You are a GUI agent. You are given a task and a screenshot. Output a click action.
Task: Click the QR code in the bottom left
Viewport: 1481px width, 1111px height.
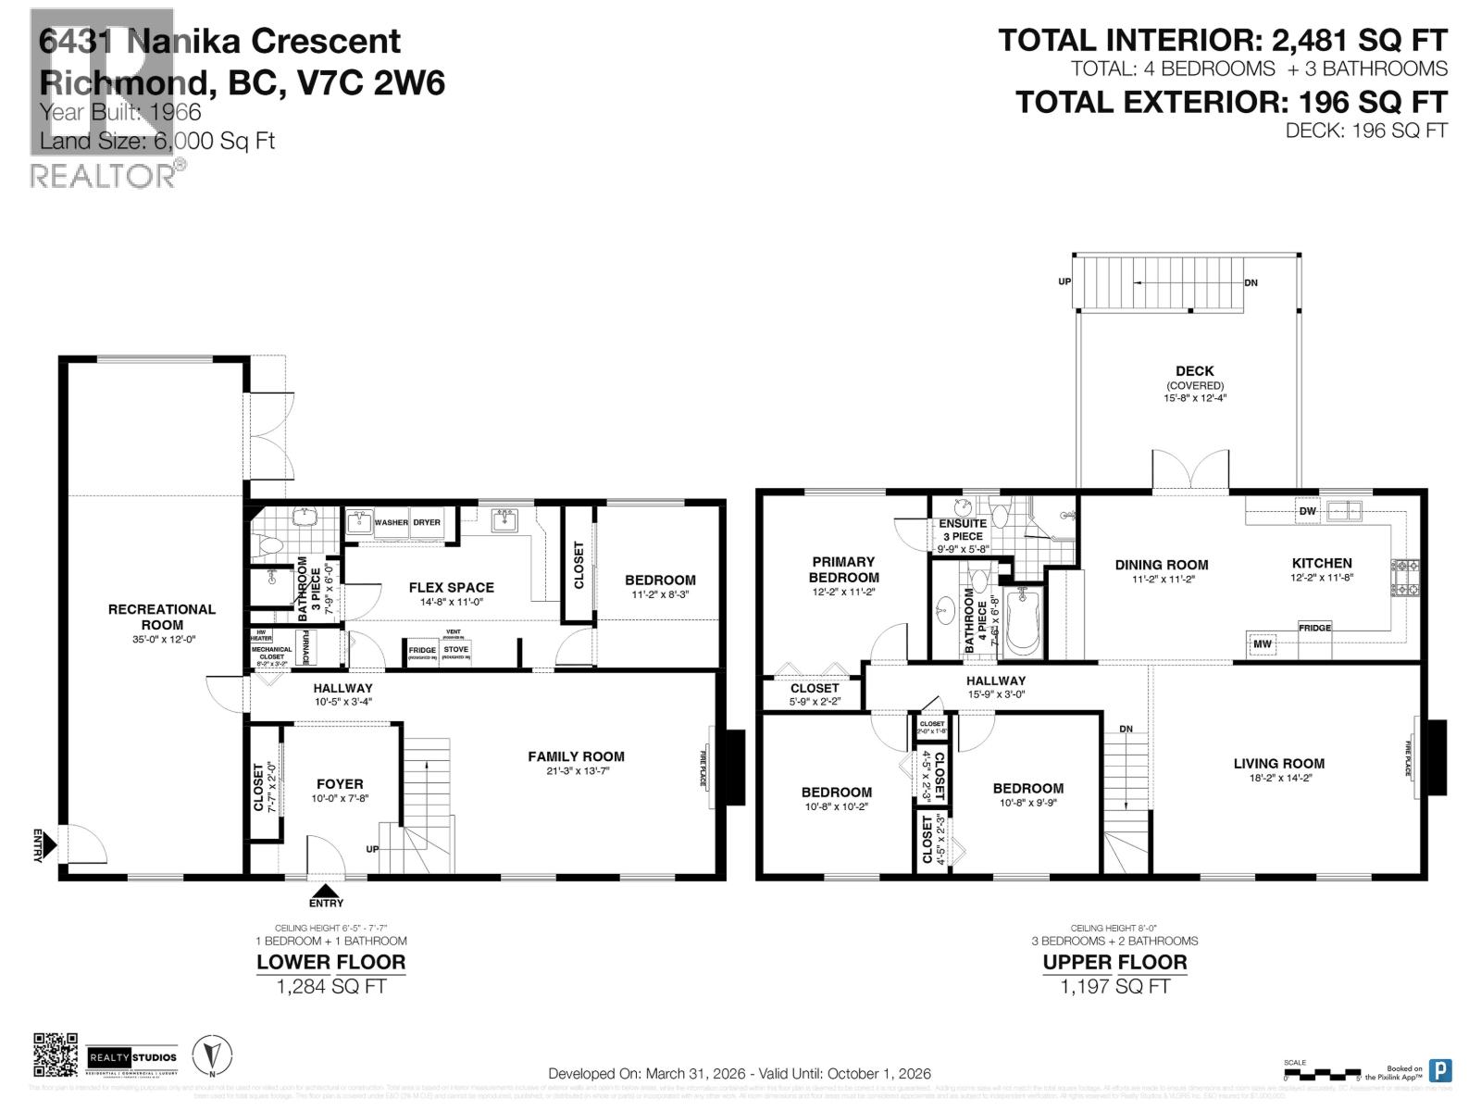pos(56,1055)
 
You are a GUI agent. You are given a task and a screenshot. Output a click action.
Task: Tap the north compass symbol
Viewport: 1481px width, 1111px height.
pos(212,1055)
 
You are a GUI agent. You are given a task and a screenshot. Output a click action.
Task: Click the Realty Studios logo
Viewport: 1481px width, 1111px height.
pos(131,1057)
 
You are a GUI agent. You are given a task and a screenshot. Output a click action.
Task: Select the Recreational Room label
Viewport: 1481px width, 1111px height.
pos(162,617)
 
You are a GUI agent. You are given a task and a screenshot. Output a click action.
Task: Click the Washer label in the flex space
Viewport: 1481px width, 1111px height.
pos(391,522)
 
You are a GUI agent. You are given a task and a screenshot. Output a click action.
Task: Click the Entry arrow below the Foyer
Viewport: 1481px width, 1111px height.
pos(326,891)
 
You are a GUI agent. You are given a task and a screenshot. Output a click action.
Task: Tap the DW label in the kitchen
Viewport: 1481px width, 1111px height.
pos(1307,511)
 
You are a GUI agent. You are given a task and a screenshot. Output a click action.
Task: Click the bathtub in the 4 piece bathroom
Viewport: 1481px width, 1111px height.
pos(1024,623)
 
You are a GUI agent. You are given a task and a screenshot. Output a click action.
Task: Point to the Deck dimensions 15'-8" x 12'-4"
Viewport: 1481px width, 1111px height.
pos(1195,398)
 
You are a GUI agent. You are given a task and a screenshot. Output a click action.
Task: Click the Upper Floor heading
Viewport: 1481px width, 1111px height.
pos(1114,962)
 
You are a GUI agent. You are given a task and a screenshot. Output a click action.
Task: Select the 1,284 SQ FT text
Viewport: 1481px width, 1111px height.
pos(331,987)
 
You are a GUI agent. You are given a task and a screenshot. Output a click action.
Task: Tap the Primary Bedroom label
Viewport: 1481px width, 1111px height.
pos(843,569)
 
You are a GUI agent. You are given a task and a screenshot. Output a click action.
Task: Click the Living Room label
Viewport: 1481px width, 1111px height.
pos(1278,764)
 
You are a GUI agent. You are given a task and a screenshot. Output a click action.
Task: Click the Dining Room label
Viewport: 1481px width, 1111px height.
pos(1161,565)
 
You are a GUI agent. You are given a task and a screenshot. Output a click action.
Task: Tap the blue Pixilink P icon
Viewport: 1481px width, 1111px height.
pos(1439,1070)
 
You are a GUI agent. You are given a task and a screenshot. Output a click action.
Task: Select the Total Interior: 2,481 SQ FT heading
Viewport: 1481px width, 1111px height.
pos(1222,41)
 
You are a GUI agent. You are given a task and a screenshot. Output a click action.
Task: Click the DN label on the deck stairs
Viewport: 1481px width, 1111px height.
pos(1251,282)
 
